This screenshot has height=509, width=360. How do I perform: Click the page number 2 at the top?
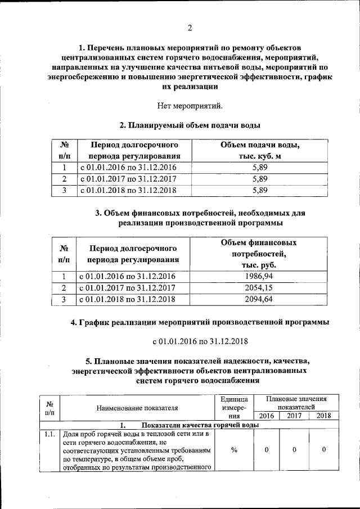(190, 28)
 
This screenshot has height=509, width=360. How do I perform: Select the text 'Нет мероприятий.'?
(189, 105)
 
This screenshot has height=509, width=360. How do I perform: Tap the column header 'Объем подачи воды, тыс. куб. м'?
(260, 151)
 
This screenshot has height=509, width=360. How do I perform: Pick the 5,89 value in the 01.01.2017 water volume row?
(260, 179)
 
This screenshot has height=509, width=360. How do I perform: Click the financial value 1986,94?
(259, 276)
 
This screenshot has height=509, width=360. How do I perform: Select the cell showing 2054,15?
(259, 288)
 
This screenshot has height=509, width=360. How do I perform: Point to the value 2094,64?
(259, 300)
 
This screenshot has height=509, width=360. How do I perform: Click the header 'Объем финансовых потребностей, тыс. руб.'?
(259, 254)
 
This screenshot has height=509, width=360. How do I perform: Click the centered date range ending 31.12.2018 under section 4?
(200, 341)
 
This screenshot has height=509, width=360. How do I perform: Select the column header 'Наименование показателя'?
(137, 408)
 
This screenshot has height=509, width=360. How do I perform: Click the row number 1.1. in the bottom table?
(49, 434)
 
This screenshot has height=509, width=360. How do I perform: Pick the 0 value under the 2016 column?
(267, 450)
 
